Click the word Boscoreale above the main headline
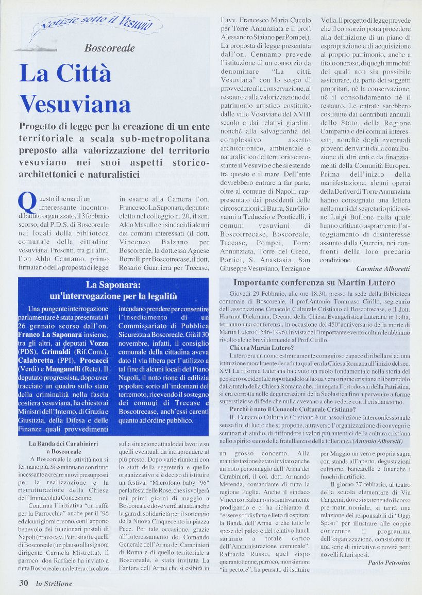[x=110, y=48]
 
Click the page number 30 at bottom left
[x=23, y=583]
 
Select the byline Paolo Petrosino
[x=389, y=563]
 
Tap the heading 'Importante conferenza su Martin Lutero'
[x=314, y=283]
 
